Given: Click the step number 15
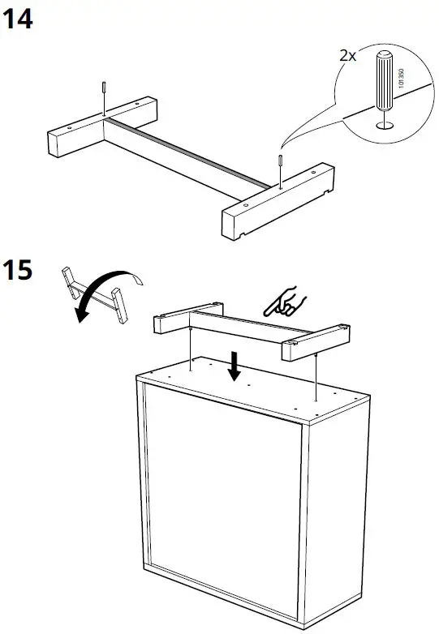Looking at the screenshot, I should click(19, 270).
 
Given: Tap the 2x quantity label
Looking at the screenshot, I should click(348, 56).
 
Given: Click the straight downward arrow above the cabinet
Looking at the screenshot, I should click(235, 366).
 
